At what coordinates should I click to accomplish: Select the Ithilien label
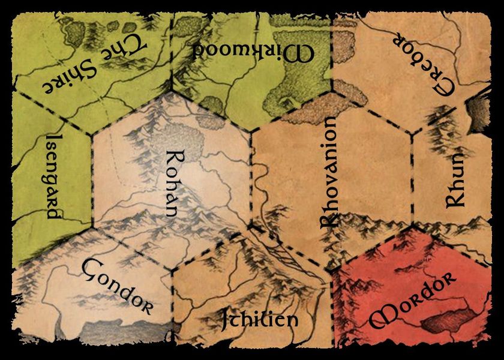coord(259,318)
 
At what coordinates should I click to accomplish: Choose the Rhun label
coord(455,180)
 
